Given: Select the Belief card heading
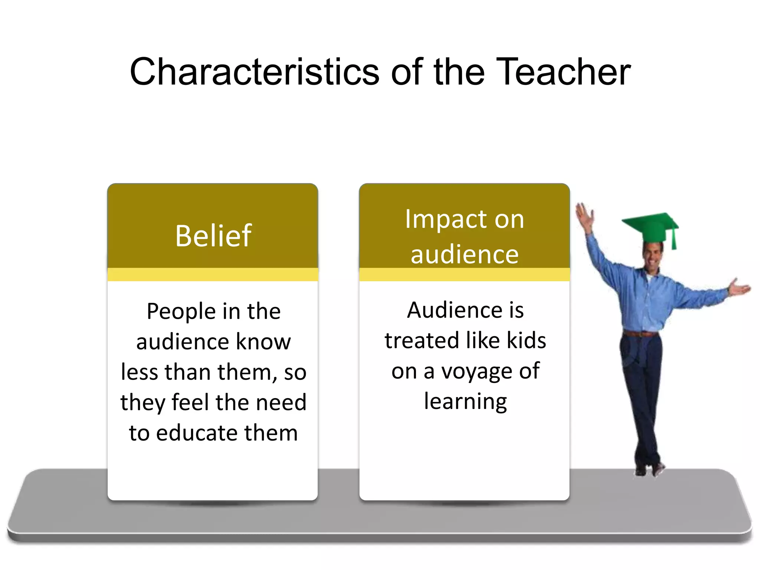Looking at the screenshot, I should pyautogui.click(x=213, y=236).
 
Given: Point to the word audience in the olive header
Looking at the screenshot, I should pyautogui.click(x=464, y=255).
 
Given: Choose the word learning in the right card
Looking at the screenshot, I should pyautogui.click(x=465, y=402).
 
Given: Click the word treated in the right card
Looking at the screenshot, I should pyautogui.click(x=422, y=340).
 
